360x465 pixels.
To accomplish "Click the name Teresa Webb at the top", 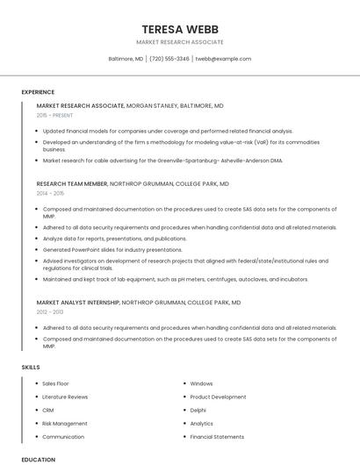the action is point(180,29).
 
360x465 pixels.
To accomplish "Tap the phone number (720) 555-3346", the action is point(169,59).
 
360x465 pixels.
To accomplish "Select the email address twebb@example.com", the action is point(223,59).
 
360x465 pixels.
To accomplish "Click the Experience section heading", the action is point(38,92).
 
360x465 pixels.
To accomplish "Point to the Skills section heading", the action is point(31,367).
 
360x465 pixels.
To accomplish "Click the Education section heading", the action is point(38,459).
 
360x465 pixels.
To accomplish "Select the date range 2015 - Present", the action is point(55,115).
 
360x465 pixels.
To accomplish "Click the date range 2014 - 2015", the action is point(50,193).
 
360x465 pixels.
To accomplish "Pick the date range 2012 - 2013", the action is point(50,311).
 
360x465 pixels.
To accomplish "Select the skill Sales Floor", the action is point(55,383).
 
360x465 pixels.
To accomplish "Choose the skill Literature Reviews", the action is point(65,397).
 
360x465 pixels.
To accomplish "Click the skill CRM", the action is point(48,410).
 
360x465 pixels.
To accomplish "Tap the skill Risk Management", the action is point(65,423).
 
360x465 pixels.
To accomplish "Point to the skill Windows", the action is point(201,383).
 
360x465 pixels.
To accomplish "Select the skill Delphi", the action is point(198,410).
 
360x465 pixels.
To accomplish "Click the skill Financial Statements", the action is point(217,436).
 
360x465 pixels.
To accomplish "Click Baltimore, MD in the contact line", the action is point(126,59).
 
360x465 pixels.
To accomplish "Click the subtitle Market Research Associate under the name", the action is point(180,42).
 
